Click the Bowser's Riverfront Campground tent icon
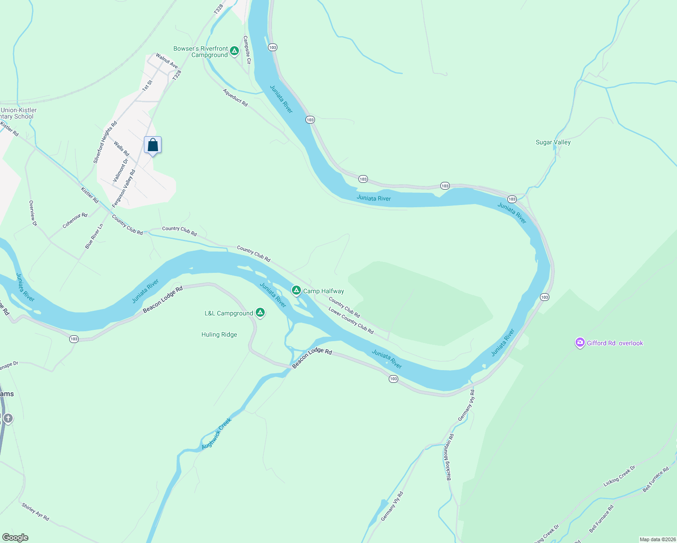(234, 51)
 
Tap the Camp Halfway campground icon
(296, 291)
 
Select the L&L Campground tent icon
(260, 312)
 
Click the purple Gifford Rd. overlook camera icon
(580, 343)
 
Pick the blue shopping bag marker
(153, 145)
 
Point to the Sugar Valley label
(553, 142)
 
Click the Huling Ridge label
(219, 334)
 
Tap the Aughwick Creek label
(217, 433)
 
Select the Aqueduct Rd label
(235, 97)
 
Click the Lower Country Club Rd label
(351, 321)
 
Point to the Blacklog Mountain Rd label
(450, 457)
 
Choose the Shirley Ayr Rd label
(35, 511)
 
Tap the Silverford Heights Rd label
(105, 142)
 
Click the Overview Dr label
(33, 213)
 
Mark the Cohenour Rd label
(75, 220)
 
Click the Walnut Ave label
(167, 61)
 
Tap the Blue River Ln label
(94, 236)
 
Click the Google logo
(15, 538)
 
